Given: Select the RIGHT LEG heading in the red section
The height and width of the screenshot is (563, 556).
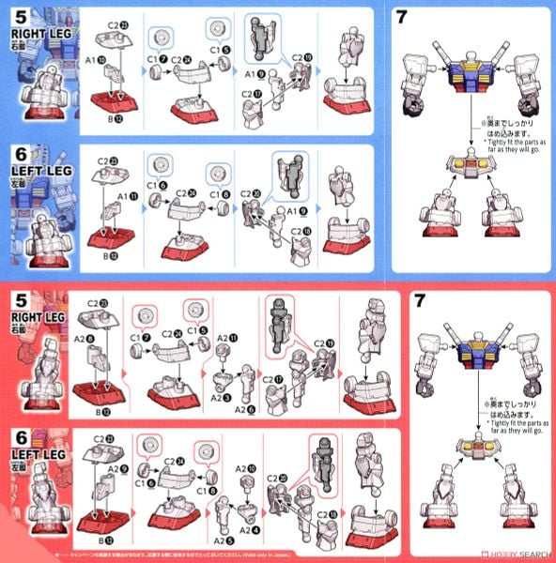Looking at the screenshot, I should tap(35, 319).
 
